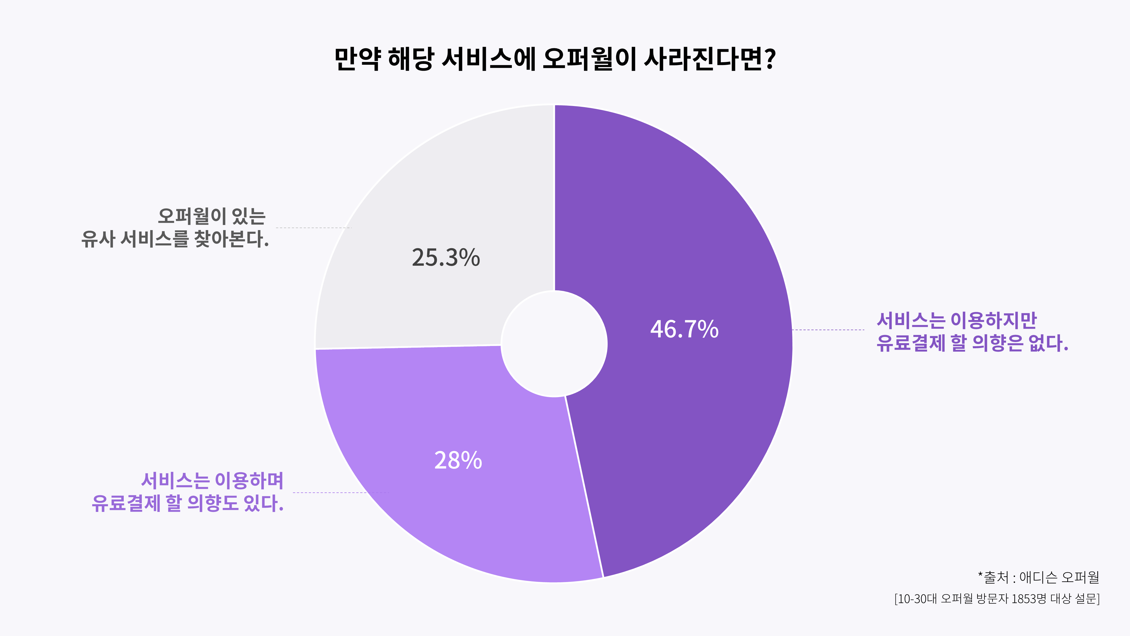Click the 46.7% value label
click(x=684, y=329)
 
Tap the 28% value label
click(x=458, y=460)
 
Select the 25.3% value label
click(x=446, y=258)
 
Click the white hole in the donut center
click(x=554, y=344)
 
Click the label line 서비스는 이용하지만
click(x=956, y=321)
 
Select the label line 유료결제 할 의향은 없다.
click(x=972, y=343)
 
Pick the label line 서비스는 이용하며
click(x=212, y=481)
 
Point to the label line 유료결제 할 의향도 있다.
click(x=188, y=503)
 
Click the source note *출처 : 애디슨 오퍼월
click(x=1038, y=577)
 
